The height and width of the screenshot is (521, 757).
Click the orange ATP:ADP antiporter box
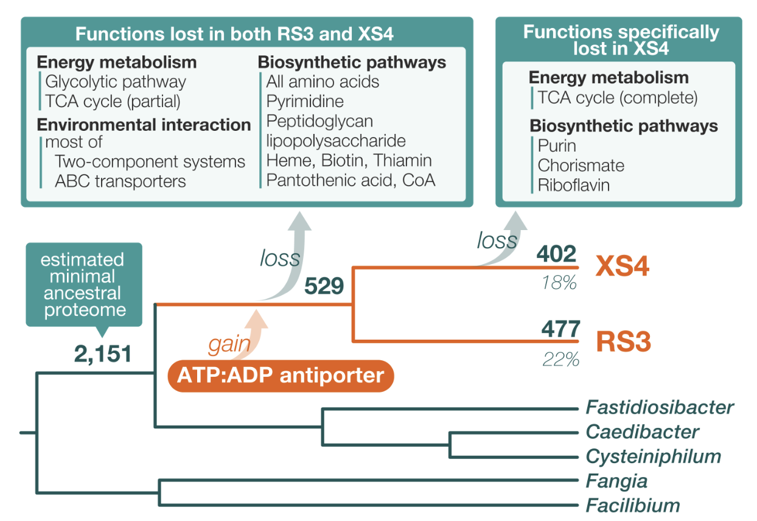coord(281,376)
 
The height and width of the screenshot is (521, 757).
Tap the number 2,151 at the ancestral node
coord(103,354)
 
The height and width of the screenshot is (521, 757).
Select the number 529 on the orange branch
coord(324,286)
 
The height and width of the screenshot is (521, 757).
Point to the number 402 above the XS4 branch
coord(556,254)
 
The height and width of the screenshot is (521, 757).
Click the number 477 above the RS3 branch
coord(560,329)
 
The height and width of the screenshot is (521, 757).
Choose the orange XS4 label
coord(622,266)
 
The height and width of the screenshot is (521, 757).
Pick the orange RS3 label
coord(624,341)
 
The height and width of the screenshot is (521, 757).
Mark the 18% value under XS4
coord(559,282)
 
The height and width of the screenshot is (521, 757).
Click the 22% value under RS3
coord(561,359)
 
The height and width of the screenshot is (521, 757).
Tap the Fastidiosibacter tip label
coord(660,407)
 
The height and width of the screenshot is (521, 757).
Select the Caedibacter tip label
coord(643,432)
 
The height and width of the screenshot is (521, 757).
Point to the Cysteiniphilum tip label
coord(654,457)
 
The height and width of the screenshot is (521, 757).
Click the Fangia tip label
coord(617,481)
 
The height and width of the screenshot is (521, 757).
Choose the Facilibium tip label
coord(633,506)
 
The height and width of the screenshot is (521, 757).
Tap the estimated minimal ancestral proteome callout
coord(84,285)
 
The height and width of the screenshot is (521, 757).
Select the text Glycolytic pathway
coord(116,82)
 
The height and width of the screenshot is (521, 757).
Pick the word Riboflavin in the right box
coord(574,185)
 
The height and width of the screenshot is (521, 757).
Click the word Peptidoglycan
coord(319,122)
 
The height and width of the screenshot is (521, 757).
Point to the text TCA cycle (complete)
coord(618,98)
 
